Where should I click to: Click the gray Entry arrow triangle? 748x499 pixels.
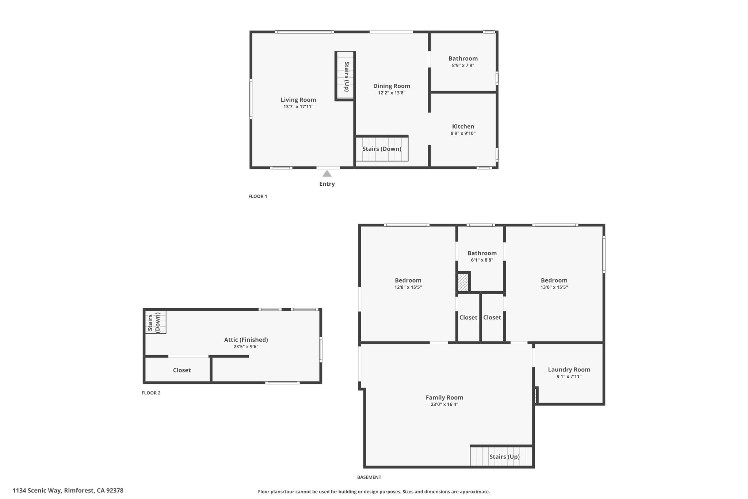327,173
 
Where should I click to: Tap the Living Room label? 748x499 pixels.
298,100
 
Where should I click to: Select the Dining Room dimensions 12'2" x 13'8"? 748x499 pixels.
392,93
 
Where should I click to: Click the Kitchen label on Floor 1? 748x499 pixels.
463,126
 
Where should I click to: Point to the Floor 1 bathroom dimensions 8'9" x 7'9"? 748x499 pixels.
463,65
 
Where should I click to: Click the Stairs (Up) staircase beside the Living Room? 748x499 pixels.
345,76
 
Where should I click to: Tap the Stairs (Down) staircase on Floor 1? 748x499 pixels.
382,148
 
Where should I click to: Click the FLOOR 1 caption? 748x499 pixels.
258,196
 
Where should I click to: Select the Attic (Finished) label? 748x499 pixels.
246,340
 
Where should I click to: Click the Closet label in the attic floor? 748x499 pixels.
182,370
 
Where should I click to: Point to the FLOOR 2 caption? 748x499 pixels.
151,393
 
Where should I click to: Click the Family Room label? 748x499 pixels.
444,397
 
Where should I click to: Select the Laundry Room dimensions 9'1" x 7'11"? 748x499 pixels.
569,376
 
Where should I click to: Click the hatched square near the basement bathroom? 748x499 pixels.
463,283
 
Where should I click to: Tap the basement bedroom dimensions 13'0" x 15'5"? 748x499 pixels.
554,287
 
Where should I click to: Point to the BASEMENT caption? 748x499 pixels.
369,477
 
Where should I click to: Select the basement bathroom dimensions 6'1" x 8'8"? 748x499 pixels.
482,260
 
